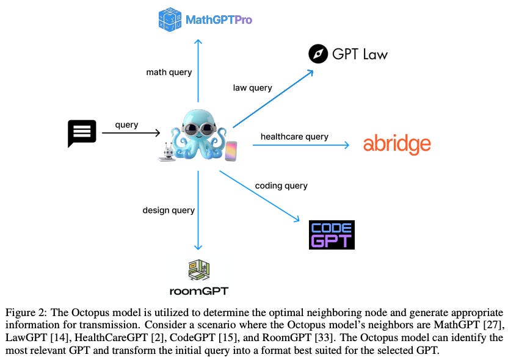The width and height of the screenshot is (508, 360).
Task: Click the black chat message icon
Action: pyautogui.click(x=82, y=133)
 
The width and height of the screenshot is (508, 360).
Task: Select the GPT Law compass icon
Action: pyautogui.click(x=319, y=54)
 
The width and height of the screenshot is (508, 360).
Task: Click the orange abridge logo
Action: pyautogui.click(x=397, y=145)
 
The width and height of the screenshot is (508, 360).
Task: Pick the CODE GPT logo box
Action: pyautogui.click(x=332, y=235)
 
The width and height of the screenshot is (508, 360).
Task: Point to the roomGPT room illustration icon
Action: pyautogui.click(x=198, y=269)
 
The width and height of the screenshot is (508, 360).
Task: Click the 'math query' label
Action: pyautogui.click(x=169, y=72)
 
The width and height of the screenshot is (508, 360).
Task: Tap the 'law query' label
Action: pyautogui.click(x=252, y=88)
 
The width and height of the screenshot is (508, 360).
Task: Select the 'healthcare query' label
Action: pyautogui.click(x=294, y=137)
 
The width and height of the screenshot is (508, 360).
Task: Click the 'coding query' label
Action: pyautogui.click(x=281, y=185)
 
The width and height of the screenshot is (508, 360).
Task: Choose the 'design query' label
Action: pyautogui.click(x=169, y=210)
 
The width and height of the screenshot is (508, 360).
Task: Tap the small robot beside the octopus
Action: pyautogui.click(x=166, y=152)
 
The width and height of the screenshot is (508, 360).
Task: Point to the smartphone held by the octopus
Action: pyautogui.click(x=231, y=151)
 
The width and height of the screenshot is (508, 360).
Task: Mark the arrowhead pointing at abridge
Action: pyautogui.click(x=346, y=145)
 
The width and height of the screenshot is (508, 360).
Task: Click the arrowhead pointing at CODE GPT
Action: pyautogui.click(x=297, y=220)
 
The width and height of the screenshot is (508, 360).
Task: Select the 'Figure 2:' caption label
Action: pyautogui.click(x=25, y=312)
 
